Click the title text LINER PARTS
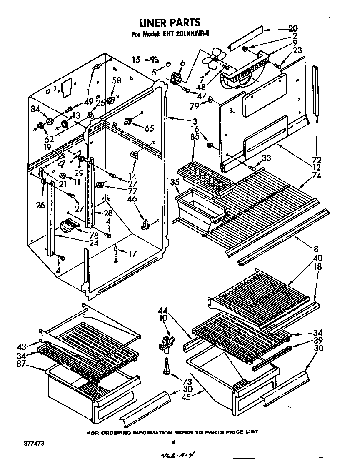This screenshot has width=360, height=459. (170, 22)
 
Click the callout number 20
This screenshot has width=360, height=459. (293, 29)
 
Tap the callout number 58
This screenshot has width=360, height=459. (117, 80)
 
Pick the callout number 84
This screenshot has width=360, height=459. (35, 110)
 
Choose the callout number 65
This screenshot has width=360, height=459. (148, 128)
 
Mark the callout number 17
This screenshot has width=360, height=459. (132, 253)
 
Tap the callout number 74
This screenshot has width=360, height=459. (316, 176)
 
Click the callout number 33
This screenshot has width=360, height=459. (267, 158)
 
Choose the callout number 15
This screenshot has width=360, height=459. (136, 60)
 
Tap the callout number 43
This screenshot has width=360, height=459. (21, 346)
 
